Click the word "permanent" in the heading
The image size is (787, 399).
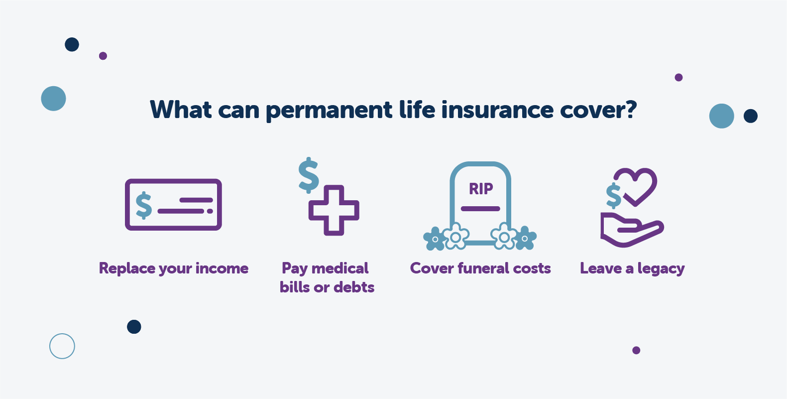click(x=329, y=111)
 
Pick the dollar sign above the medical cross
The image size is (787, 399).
click(x=309, y=175)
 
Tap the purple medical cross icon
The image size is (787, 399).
click(x=334, y=210)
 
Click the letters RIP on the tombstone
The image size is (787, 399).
click(x=481, y=189)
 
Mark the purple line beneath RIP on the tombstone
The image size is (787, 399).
click(x=480, y=209)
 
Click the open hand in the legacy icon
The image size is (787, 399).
click(x=631, y=230)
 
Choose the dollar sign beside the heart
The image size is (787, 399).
click(x=613, y=196)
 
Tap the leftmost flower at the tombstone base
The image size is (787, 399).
click(x=435, y=239)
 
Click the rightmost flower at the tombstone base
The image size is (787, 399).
click(x=525, y=238)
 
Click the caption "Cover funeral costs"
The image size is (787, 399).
click(x=480, y=268)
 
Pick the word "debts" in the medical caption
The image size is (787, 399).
click(x=354, y=287)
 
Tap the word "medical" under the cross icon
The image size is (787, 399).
click(x=340, y=268)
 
